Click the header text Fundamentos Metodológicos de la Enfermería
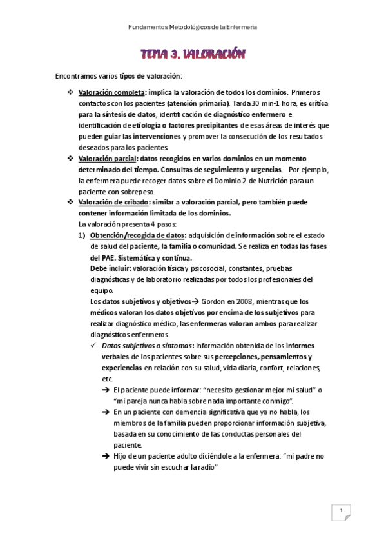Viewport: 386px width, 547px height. click(193, 28)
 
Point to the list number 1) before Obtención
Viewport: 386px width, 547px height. click(82, 235)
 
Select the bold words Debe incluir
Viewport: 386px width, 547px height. click(111, 268)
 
